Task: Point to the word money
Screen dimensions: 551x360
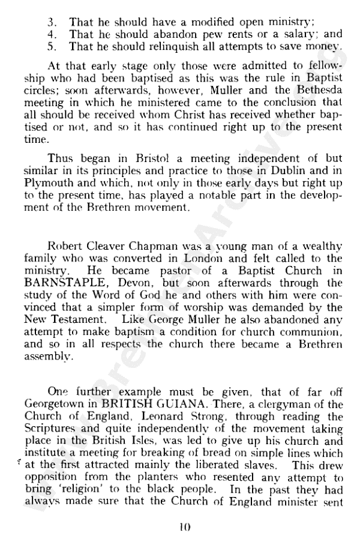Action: click(323, 46)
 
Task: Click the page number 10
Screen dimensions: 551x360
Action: click(183, 528)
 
